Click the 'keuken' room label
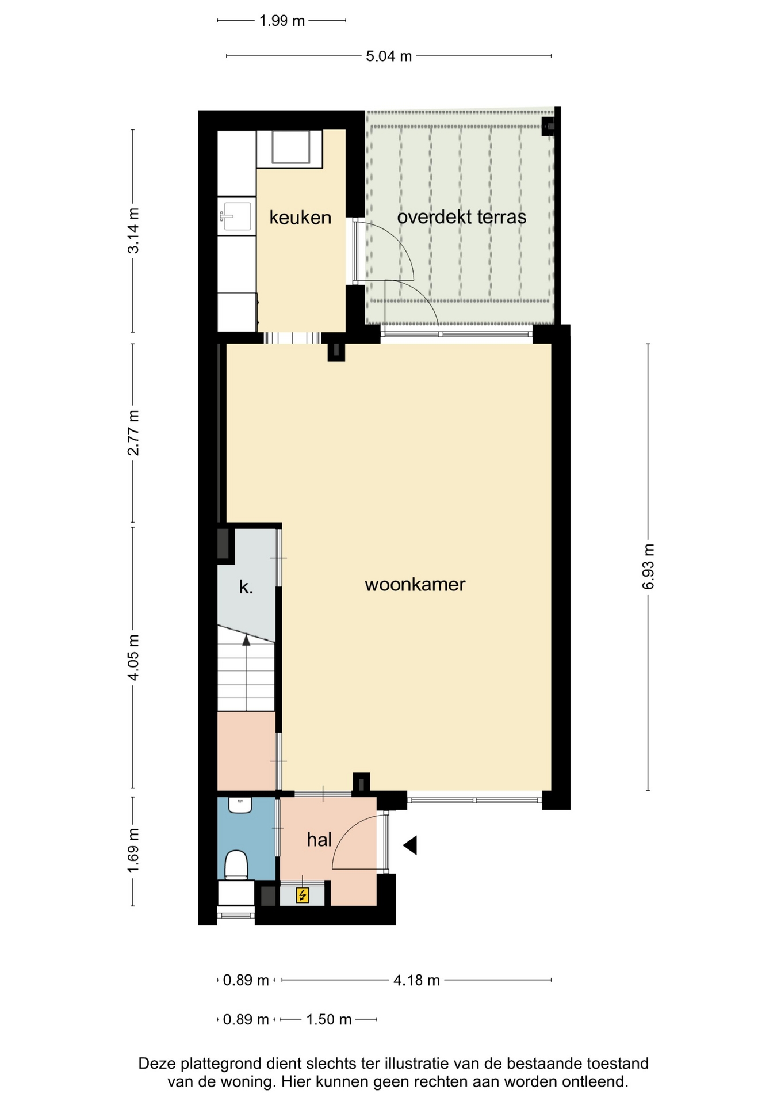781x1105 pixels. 300,218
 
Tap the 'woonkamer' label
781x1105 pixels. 415,585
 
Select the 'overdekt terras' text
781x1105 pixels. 462,217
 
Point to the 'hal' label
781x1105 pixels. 319,840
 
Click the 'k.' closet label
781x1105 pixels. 246,587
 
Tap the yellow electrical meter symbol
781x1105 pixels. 303,895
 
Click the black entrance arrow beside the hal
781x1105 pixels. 410,845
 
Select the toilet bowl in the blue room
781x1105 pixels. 236,865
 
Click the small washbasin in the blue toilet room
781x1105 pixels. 240,805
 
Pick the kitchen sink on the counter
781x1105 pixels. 236,216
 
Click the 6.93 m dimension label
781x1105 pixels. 648,567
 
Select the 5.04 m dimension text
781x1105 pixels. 389,56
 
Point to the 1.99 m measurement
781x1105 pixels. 282,21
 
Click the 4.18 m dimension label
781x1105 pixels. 417,980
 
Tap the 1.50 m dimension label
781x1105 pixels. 328,1020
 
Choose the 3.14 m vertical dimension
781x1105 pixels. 133,230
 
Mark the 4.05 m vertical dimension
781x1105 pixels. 133,657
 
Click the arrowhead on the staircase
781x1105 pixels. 247,639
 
